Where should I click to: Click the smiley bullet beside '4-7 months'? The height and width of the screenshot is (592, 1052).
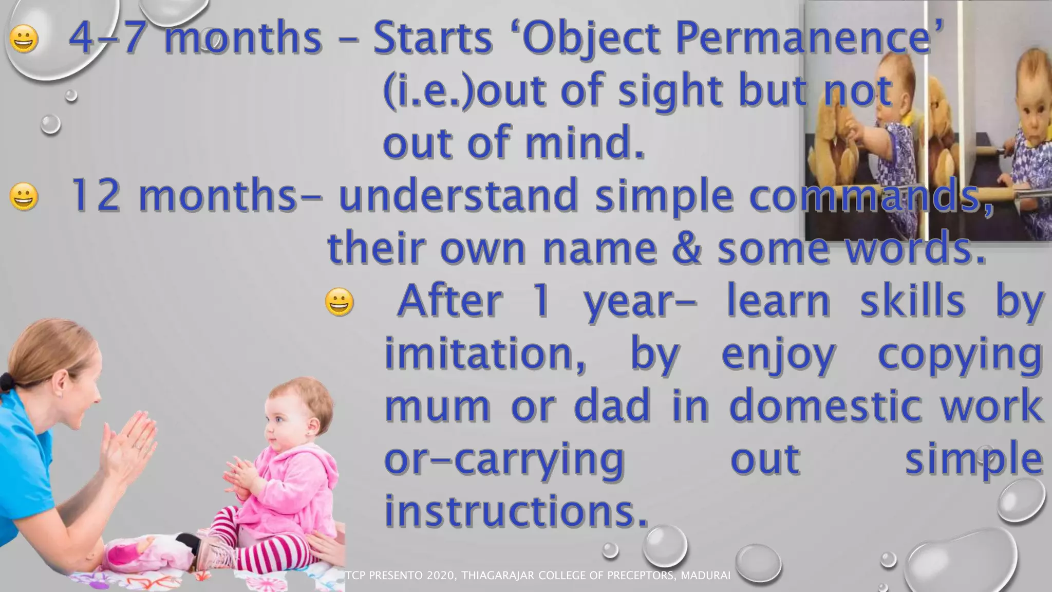click(x=24, y=39)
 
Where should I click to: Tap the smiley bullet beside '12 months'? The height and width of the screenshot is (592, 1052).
click(x=24, y=196)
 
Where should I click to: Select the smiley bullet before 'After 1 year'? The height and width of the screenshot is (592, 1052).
click(x=340, y=302)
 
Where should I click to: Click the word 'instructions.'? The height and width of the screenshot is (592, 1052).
click(x=516, y=511)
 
